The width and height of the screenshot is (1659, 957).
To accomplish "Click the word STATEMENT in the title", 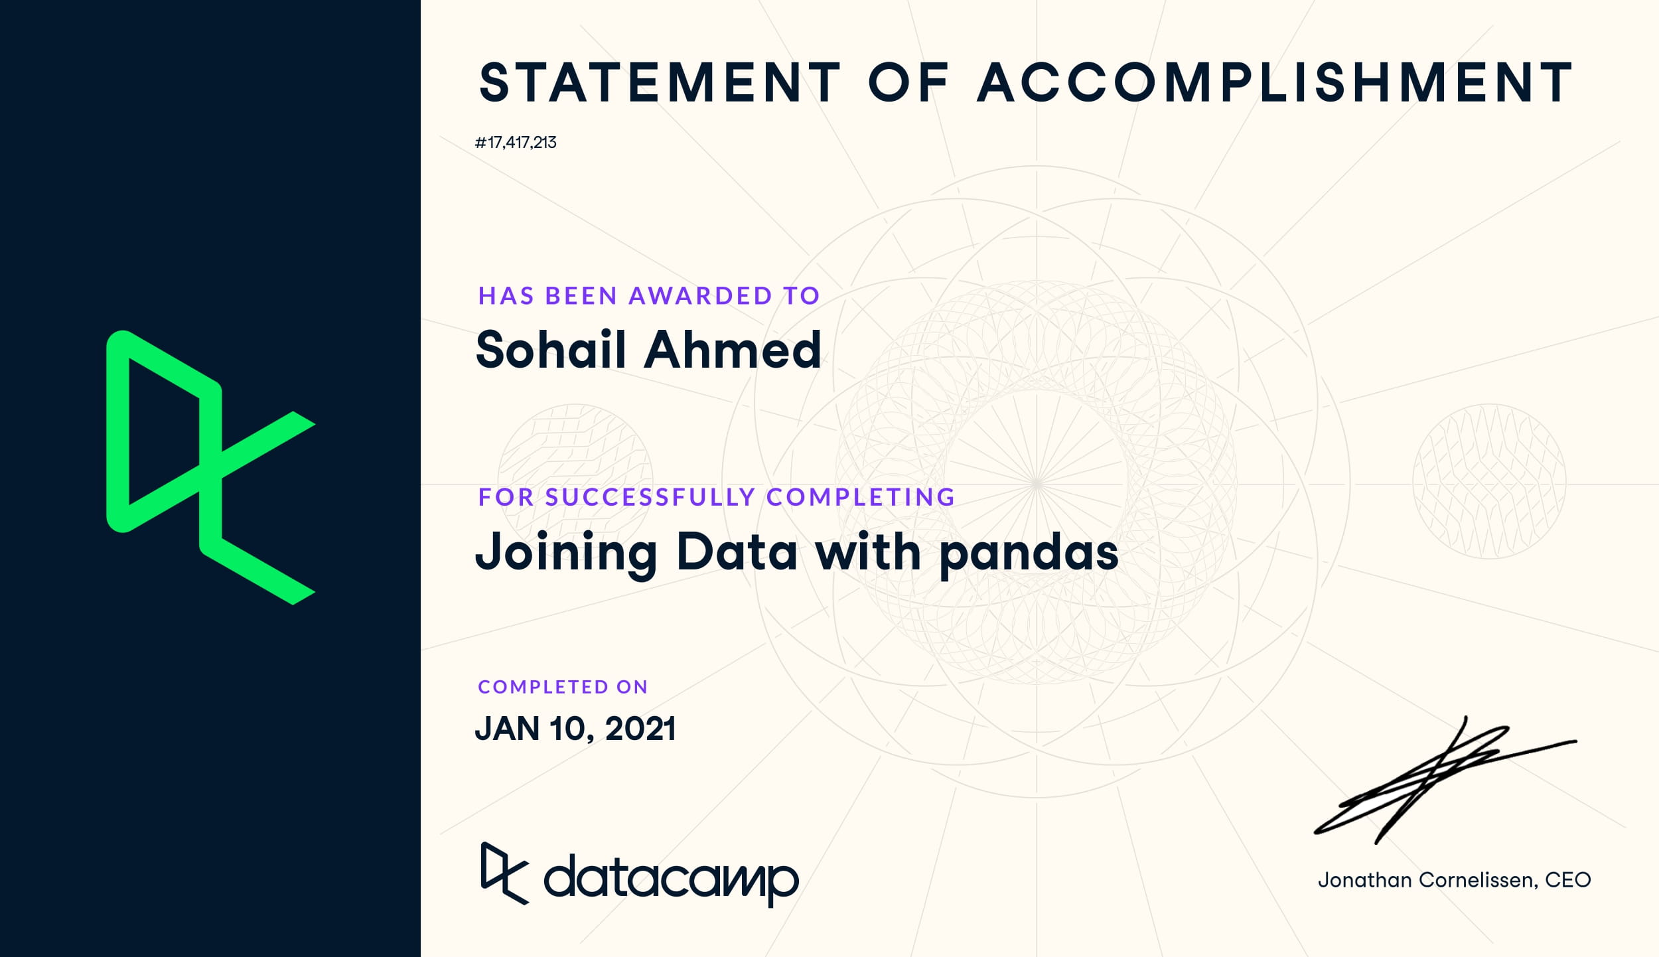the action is coord(661,82).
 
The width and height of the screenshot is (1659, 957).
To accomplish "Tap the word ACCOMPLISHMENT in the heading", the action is coord(1275,82).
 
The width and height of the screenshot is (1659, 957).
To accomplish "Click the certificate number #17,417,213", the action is coord(516,143).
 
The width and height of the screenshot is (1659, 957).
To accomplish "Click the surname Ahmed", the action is coord(733,349).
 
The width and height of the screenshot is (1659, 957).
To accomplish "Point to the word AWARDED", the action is coord(700,296).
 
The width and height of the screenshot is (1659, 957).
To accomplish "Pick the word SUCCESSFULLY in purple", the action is coord(650,497).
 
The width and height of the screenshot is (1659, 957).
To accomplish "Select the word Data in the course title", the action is coord(737,552).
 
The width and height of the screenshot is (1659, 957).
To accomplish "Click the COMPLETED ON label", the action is coord(563,687).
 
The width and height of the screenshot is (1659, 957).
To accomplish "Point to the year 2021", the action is coord(640,729).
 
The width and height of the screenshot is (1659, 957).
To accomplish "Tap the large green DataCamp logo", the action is coord(211,467).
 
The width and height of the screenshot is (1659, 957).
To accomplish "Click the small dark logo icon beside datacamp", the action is coord(505,873).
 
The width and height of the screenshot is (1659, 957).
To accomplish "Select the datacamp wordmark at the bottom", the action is coord(671,879).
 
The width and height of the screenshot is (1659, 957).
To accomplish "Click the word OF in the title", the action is coord(909,82).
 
